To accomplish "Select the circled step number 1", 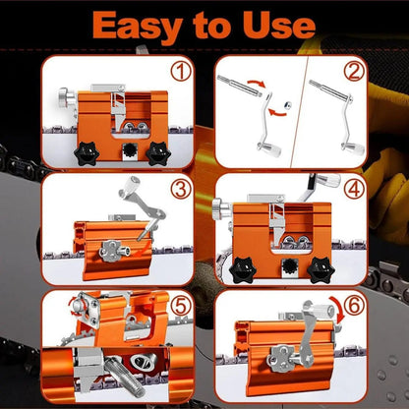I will (x=180, y=71).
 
